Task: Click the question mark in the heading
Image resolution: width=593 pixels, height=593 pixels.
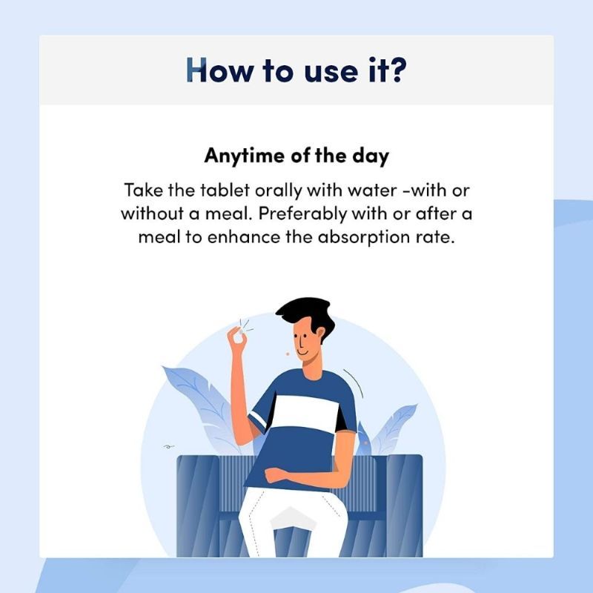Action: (398, 70)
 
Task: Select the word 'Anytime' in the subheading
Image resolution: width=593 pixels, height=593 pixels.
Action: (245, 156)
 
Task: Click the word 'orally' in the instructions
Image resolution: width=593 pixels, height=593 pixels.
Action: (279, 191)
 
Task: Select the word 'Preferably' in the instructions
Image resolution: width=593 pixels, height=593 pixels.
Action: (302, 214)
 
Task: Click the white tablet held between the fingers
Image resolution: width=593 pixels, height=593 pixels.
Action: (240, 331)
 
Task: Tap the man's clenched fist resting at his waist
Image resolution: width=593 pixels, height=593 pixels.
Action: (274, 475)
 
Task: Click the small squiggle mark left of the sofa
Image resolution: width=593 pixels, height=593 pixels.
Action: (169, 447)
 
